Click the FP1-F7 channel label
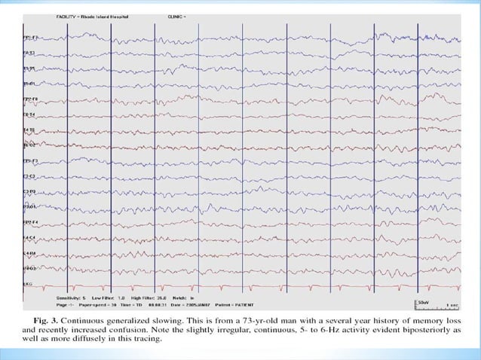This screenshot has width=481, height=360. click(31, 36)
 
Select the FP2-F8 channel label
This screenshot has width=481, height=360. click(31, 99)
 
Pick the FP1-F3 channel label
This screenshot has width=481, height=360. click(31, 160)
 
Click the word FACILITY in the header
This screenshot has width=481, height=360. click(66, 15)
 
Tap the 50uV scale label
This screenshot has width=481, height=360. click(424, 301)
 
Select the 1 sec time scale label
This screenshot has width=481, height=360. click(452, 305)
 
